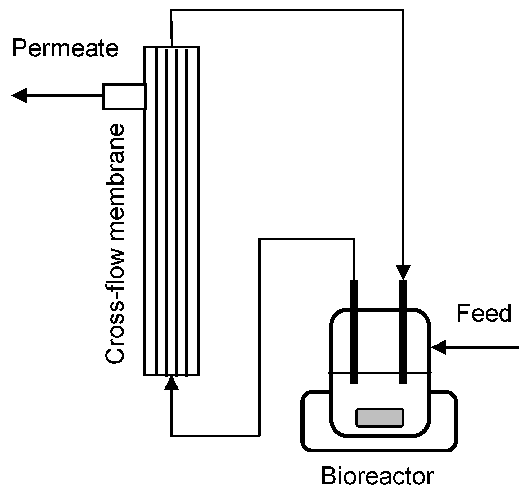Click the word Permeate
click(x=65, y=49)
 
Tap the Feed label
click(x=484, y=313)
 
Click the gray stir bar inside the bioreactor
click(x=380, y=418)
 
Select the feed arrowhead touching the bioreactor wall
click(x=439, y=347)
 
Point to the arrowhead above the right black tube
click(x=403, y=272)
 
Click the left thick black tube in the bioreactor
click(x=354, y=332)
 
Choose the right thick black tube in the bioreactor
click(x=403, y=332)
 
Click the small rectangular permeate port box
click(x=124, y=96)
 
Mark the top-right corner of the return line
click(x=403, y=10)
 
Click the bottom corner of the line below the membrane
click(x=171, y=436)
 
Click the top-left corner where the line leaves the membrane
click(x=171, y=10)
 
